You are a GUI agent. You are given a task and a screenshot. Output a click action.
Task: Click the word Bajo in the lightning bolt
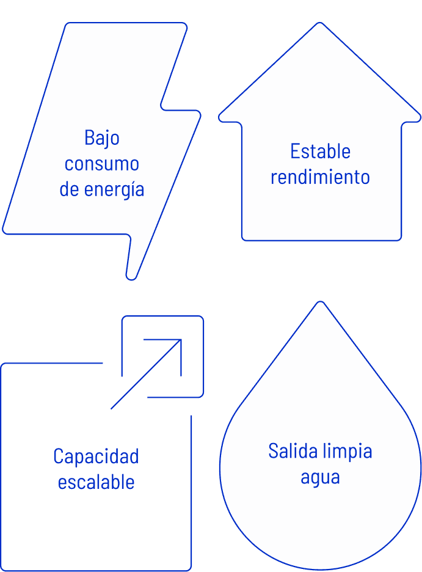coord(102,138)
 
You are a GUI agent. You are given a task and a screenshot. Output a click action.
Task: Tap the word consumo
coord(102,164)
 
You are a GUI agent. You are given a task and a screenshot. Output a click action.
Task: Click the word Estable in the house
coord(320,151)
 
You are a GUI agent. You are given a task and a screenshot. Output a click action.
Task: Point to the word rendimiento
coord(320,177)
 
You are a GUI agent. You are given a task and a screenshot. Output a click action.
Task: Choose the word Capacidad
coord(96,456)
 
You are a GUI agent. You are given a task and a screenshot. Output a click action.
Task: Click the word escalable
coord(96,482)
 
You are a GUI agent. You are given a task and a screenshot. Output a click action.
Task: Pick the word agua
coord(320,477)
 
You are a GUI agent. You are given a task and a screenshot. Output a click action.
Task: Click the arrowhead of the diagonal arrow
coord(180,340)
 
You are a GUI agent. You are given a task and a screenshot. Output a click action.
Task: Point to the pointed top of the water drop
coord(319,304)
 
